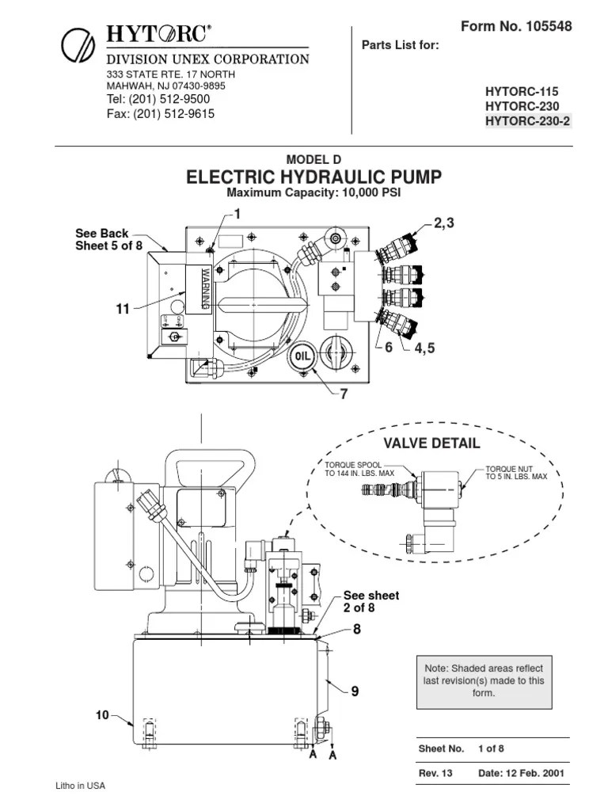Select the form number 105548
pyautogui.click(x=545, y=27)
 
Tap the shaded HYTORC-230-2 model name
pyautogui.click(x=528, y=120)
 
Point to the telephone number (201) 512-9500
pyautogui.click(x=158, y=99)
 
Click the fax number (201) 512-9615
pyautogui.click(x=161, y=113)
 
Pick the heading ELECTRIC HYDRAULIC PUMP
pyautogui.click(x=314, y=177)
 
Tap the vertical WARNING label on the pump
pyautogui.click(x=203, y=288)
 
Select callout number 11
pyautogui.click(x=123, y=310)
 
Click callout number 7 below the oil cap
pyautogui.click(x=344, y=393)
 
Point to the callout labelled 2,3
pyautogui.click(x=444, y=223)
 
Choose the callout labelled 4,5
pyautogui.click(x=420, y=348)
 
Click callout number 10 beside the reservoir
pyautogui.click(x=102, y=715)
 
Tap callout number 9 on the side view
pyautogui.click(x=355, y=691)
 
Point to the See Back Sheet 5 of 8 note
pyautogui.click(x=108, y=239)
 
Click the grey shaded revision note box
pyautogui.click(x=484, y=681)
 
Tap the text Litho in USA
pyautogui.click(x=80, y=786)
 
